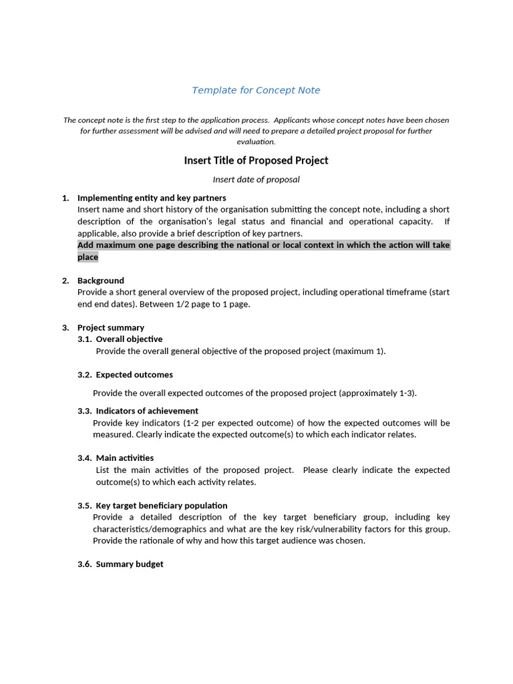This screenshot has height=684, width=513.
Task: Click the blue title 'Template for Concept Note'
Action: [256, 90]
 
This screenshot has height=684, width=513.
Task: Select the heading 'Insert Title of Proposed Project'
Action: [256, 160]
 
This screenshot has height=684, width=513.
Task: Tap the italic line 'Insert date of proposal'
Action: [256, 179]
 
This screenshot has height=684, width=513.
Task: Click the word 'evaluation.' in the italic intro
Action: [256, 142]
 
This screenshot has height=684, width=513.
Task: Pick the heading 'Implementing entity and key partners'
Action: [152, 198]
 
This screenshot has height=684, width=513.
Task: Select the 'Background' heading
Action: [101, 281]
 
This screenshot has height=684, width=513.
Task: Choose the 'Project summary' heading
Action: [111, 327]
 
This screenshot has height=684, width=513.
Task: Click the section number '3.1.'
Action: [85, 339]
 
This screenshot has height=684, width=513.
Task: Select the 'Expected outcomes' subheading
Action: [134, 375]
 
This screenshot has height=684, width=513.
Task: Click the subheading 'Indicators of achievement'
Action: [147, 411]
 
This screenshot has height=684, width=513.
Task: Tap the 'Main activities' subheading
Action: [125, 458]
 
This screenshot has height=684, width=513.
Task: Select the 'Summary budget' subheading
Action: [130, 564]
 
